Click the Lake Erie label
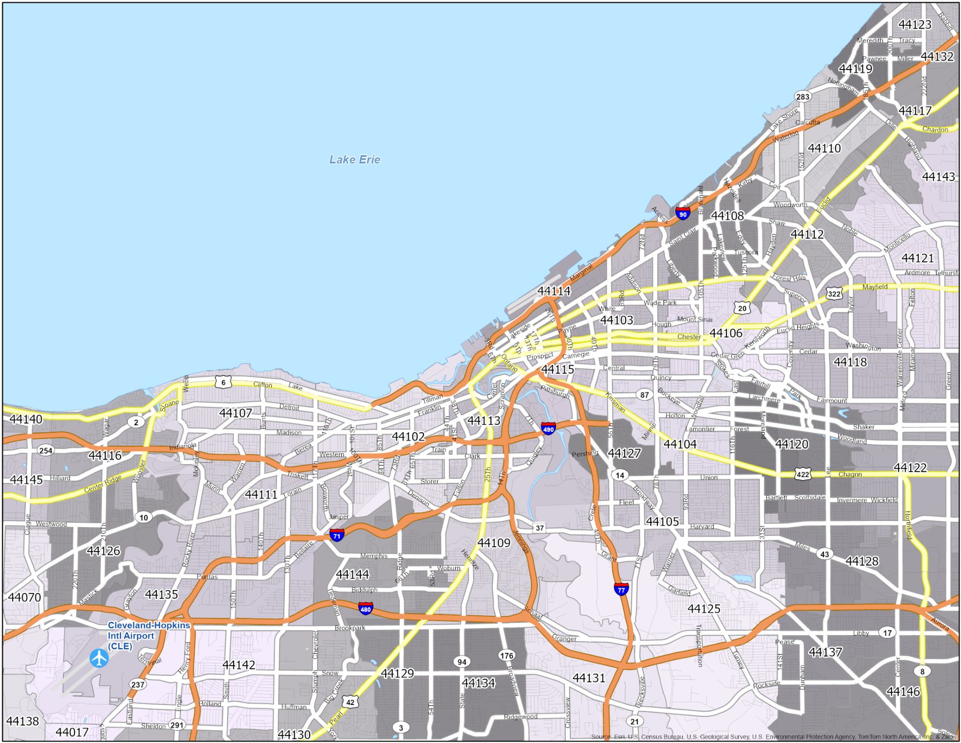tap(355, 160)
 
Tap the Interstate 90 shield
tap(683, 214)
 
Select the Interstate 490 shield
tap(548, 428)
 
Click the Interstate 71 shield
tap(336, 535)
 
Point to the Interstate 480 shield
tap(366, 609)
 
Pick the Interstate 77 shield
tap(621, 589)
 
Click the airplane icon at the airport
tap(99, 658)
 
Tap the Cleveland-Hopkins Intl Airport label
tap(149, 636)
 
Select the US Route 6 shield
tap(223, 383)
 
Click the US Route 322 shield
tap(834, 294)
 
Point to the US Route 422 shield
tap(803, 474)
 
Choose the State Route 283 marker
tap(803, 97)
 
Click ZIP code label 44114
tap(554, 291)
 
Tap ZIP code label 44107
tap(236, 413)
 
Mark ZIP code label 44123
tap(915, 24)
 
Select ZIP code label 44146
tap(903, 691)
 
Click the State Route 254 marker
tap(46, 451)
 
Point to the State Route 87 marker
tap(645, 395)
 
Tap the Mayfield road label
tap(875, 287)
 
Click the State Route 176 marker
tap(506, 656)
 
